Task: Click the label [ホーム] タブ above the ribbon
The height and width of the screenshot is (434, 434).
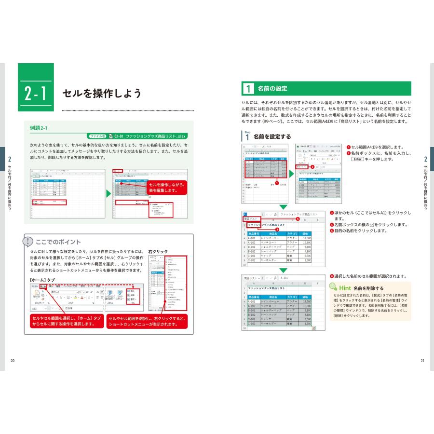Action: (42, 280)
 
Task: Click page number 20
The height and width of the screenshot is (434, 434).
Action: (13, 361)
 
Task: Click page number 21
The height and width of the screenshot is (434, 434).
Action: (422, 361)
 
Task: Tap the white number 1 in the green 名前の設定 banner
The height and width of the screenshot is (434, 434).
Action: (247, 89)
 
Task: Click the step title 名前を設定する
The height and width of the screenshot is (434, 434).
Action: (272, 136)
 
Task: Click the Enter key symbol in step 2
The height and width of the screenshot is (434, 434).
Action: (357, 159)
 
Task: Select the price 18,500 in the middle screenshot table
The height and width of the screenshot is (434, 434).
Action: (307, 238)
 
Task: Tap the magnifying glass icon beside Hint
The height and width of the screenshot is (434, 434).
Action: (334, 287)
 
